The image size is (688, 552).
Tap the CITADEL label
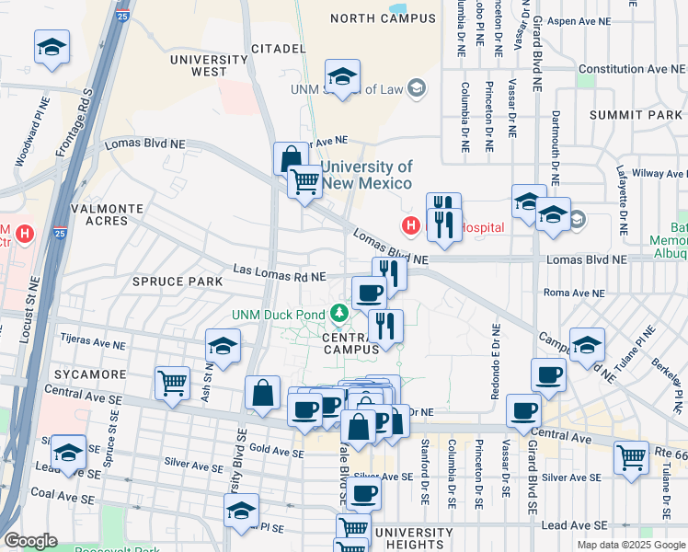click(x=277, y=48)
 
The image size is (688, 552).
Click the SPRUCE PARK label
click(x=178, y=281)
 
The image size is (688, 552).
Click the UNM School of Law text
click(x=347, y=89)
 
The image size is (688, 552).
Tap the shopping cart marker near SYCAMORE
click(x=173, y=382)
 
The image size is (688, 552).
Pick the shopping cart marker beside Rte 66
click(x=631, y=455)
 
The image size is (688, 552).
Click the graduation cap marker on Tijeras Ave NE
click(x=223, y=346)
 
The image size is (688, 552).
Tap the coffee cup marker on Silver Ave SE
click(x=363, y=493)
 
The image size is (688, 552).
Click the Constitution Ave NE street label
click(x=632, y=69)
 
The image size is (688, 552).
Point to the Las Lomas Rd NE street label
click(x=280, y=273)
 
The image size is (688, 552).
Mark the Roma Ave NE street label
click(x=574, y=293)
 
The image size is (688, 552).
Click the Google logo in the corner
click(x=30, y=542)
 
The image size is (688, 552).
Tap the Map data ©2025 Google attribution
click(x=630, y=545)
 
